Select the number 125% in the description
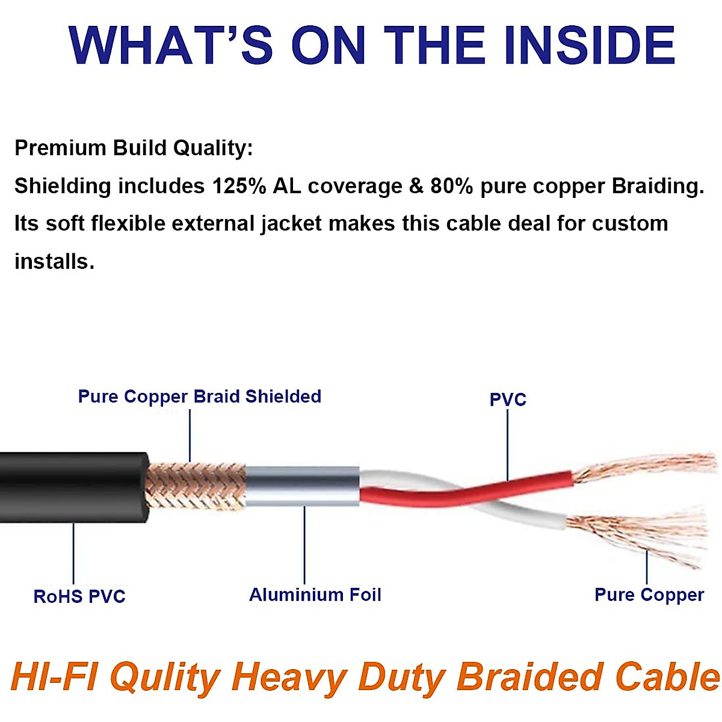[239, 187]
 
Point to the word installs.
[54, 262]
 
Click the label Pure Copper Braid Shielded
[200, 396]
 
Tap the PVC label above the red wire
[508, 400]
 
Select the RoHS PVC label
[79, 596]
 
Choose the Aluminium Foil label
[315, 594]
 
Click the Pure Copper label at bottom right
[649, 594]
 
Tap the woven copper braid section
[196, 486]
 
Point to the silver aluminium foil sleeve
[303, 486]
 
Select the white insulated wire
[529, 515]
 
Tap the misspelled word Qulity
[165, 677]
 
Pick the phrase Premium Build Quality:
[134, 148]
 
